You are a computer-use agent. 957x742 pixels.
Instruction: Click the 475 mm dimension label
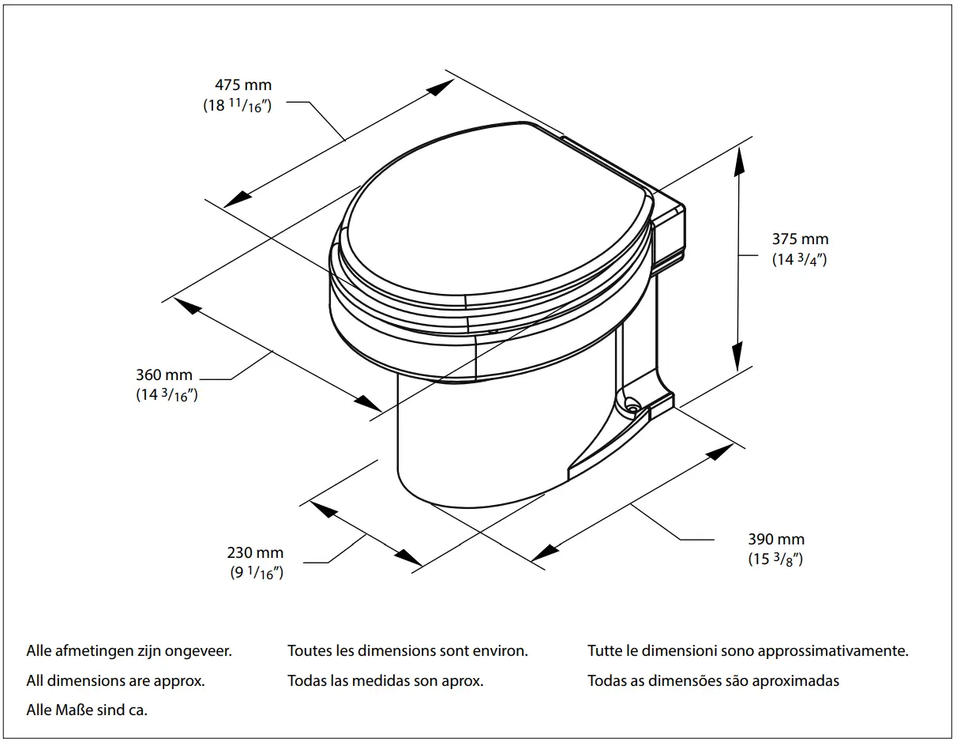tap(243, 85)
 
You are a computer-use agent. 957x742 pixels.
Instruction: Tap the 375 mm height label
tap(800, 239)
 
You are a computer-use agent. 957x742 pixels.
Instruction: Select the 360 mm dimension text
tap(164, 375)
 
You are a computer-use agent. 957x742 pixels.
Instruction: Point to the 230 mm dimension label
tap(255, 553)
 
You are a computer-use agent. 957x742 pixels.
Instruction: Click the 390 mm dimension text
tap(776, 540)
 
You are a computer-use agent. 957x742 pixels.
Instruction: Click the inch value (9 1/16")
tap(256, 574)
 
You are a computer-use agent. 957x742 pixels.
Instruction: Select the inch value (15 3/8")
tap(775, 559)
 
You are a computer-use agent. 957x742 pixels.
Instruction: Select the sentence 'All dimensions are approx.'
tap(116, 680)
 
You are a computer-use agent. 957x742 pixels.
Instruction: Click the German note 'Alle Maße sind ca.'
tap(87, 710)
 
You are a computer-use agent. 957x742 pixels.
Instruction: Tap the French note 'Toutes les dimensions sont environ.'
tap(407, 652)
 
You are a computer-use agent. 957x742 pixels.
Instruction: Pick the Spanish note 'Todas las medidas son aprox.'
tap(385, 680)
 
